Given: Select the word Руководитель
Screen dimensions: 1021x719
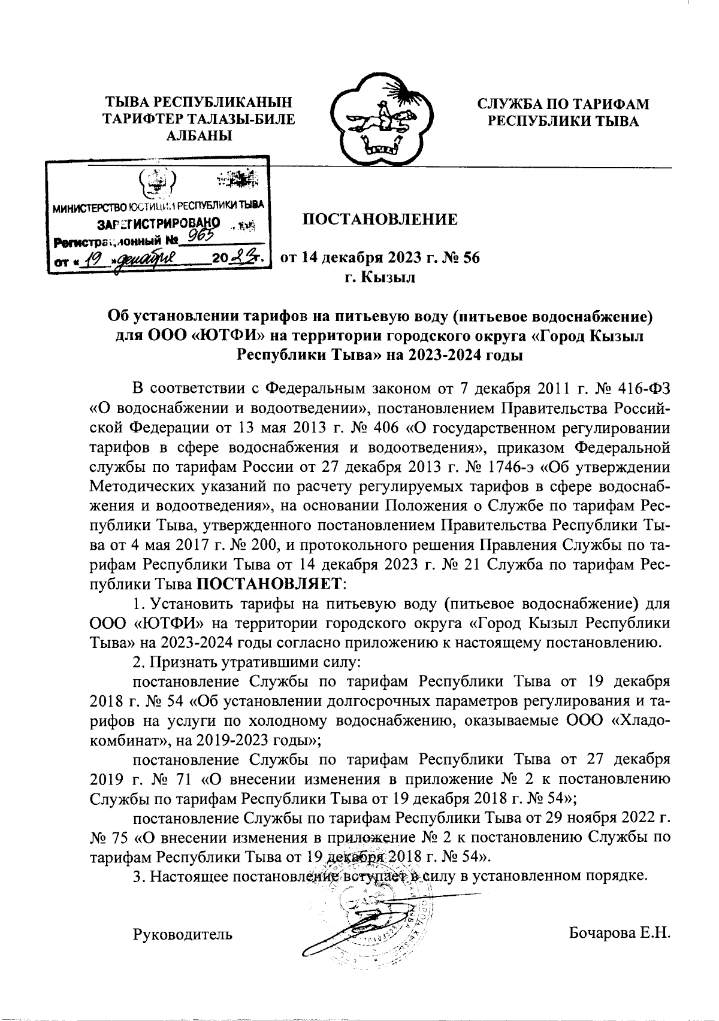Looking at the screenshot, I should (x=182, y=934).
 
